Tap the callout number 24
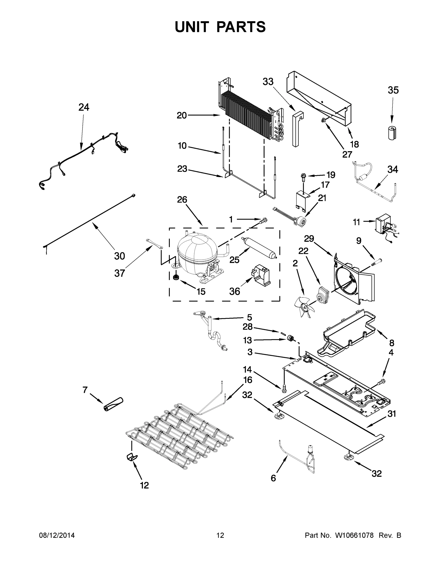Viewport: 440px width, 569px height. pyautogui.click(x=84, y=107)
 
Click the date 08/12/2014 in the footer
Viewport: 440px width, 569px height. pyautogui.click(x=57, y=535)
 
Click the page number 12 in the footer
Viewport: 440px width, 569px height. pyautogui.click(x=220, y=535)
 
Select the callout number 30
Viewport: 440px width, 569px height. pyautogui.click(x=119, y=256)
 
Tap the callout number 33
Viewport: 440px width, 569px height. pyautogui.click(x=268, y=82)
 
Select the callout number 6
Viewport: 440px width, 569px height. pyautogui.click(x=273, y=478)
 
